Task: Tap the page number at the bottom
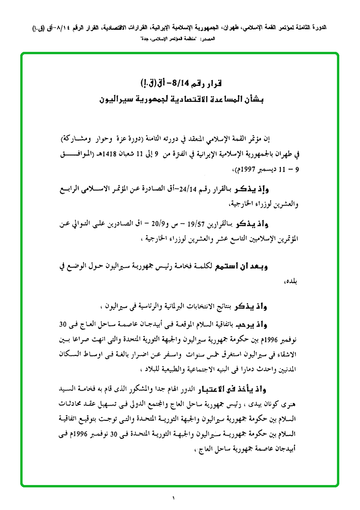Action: tap(173, 498)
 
